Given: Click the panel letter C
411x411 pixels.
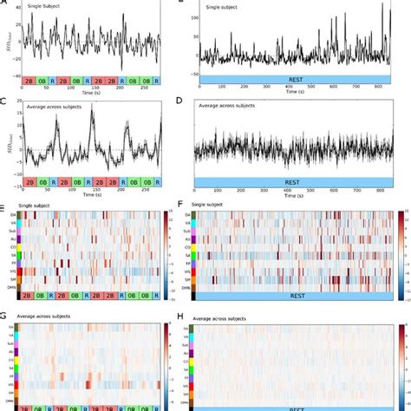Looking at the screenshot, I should [x=4, y=102].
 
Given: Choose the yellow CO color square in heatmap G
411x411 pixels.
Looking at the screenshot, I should [x=18, y=366].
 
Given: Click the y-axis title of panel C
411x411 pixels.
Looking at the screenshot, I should [x=7, y=143].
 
